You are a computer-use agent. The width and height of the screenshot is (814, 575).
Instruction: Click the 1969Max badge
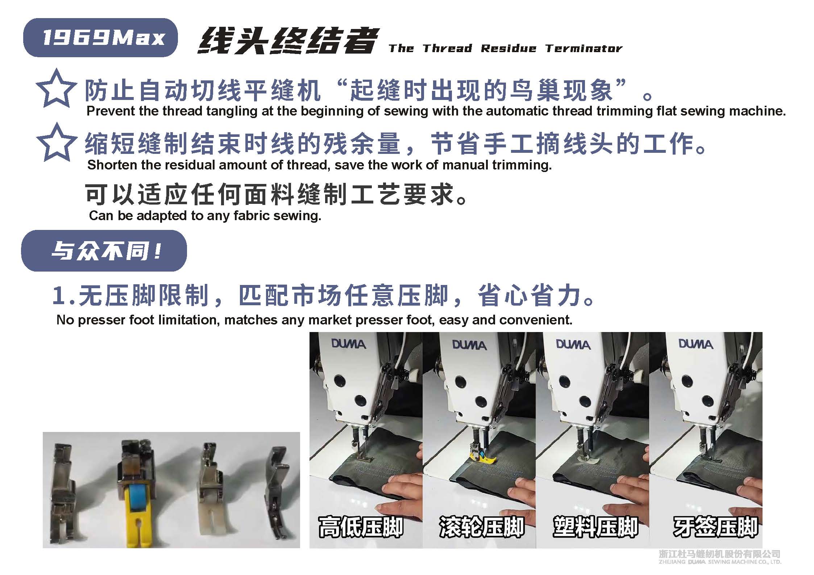click(x=100, y=38)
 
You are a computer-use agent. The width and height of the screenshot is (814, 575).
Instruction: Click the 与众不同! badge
click(x=104, y=251)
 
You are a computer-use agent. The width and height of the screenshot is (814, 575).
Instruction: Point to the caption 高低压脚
click(x=361, y=527)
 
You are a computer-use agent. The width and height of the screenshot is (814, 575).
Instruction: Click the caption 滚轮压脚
click(x=482, y=527)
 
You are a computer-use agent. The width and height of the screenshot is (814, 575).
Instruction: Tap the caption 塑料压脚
click(x=595, y=527)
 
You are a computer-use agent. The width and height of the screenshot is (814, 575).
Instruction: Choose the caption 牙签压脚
click(x=715, y=527)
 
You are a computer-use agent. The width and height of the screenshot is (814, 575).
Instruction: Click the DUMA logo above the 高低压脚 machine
click(x=348, y=344)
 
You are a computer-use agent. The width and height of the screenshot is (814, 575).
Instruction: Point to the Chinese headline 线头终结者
click(x=287, y=41)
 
